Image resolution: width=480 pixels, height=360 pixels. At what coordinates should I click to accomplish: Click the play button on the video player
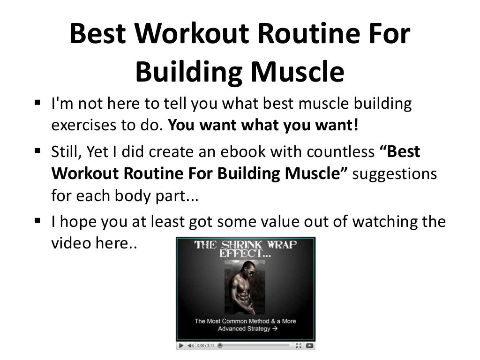click(x=181, y=345)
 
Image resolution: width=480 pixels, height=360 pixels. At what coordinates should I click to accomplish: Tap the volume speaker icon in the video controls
click(x=191, y=345)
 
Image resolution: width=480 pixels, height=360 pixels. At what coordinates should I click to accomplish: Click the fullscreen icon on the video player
click(x=299, y=345)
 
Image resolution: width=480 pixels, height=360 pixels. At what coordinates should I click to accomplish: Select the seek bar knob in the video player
click(x=220, y=345)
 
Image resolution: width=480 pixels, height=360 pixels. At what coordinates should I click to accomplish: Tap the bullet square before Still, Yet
click(x=38, y=151)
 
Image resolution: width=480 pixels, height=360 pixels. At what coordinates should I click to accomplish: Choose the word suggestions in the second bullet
click(x=394, y=174)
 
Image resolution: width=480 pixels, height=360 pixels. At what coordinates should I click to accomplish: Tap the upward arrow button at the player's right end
click(x=309, y=345)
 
